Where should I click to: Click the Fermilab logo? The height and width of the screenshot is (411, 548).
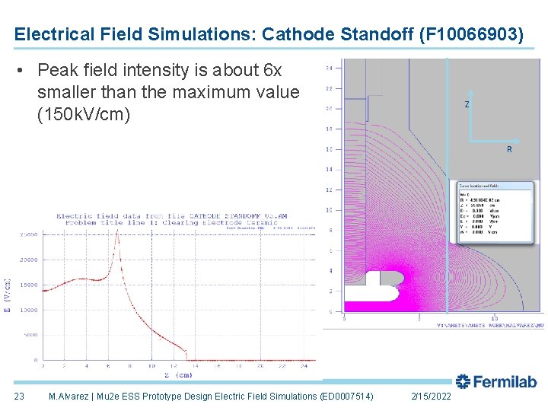click(495, 382)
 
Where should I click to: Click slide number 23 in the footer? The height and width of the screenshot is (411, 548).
click(19, 397)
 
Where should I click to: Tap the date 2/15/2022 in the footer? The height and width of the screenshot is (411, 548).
click(430, 397)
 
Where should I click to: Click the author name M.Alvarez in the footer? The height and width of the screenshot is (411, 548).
click(73, 397)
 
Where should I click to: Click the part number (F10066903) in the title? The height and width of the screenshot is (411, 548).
click(471, 34)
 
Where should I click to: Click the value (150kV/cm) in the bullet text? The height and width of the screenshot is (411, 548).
click(84, 114)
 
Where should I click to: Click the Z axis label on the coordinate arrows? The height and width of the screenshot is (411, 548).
click(467, 104)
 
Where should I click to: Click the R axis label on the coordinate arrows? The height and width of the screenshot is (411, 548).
click(509, 150)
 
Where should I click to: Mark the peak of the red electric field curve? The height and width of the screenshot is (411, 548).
click(116, 231)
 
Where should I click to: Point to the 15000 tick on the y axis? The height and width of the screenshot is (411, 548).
click(27, 285)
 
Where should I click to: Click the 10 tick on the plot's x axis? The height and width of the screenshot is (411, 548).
click(151, 366)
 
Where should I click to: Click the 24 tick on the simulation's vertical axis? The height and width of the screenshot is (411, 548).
click(329, 68)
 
